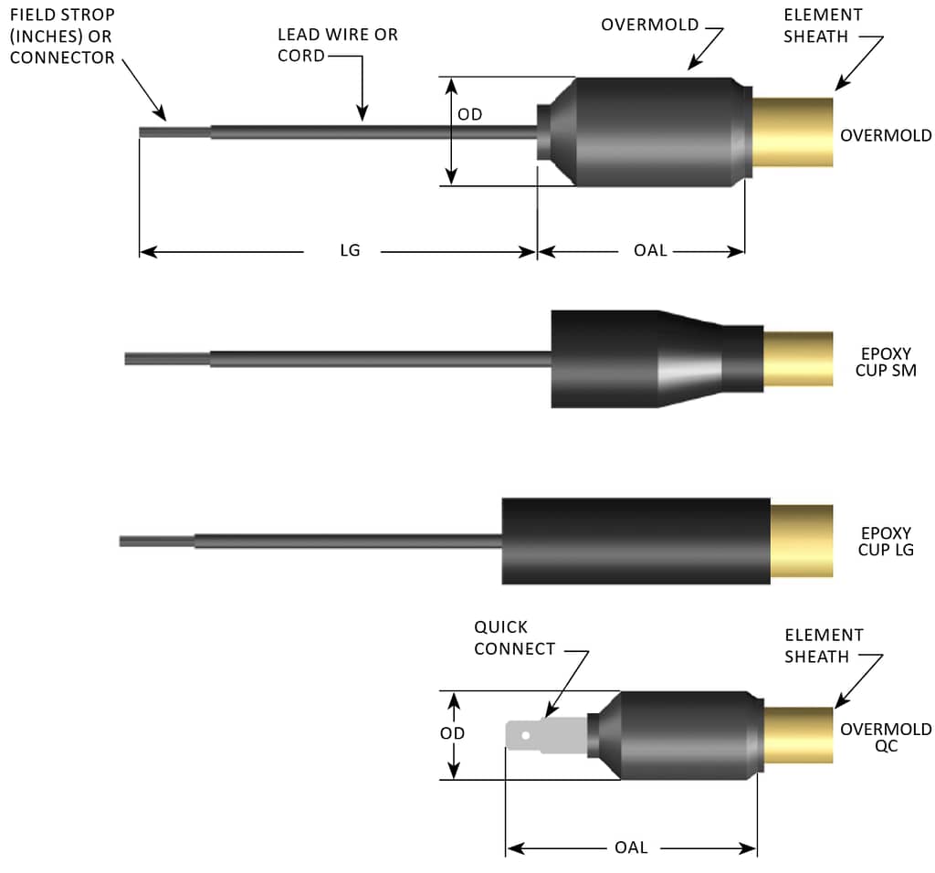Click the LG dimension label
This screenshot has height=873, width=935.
[x=350, y=250]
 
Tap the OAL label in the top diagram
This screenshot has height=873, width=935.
[x=650, y=250]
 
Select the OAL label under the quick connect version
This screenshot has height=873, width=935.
[x=631, y=847]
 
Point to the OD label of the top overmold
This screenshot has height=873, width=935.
[x=470, y=114]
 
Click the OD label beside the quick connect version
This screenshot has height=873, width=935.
[x=452, y=733]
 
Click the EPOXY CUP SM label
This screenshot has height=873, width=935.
[x=886, y=362]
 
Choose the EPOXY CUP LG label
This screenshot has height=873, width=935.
[x=886, y=542]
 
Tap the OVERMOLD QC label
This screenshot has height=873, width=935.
[x=886, y=738]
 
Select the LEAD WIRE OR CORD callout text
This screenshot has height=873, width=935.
[x=338, y=46]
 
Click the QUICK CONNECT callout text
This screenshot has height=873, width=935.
[x=514, y=638]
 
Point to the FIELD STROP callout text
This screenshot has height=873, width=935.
[x=62, y=37]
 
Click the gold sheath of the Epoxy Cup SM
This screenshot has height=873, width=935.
[x=798, y=359]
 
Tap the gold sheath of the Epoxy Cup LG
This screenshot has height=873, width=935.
[x=802, y=541]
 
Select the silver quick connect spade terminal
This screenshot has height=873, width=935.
[x=546, y=735]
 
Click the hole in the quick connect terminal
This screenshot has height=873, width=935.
[x=525, y=735]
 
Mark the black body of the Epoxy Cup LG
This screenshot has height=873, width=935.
[x=636, y=541]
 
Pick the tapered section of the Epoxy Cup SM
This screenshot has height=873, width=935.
[x=690, y=359]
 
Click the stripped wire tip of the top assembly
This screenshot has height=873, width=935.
[x=174, y=132]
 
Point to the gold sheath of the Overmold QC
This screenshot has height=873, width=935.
[x=798, y=735]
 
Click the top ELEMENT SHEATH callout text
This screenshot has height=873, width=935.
[x=823, y=26]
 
